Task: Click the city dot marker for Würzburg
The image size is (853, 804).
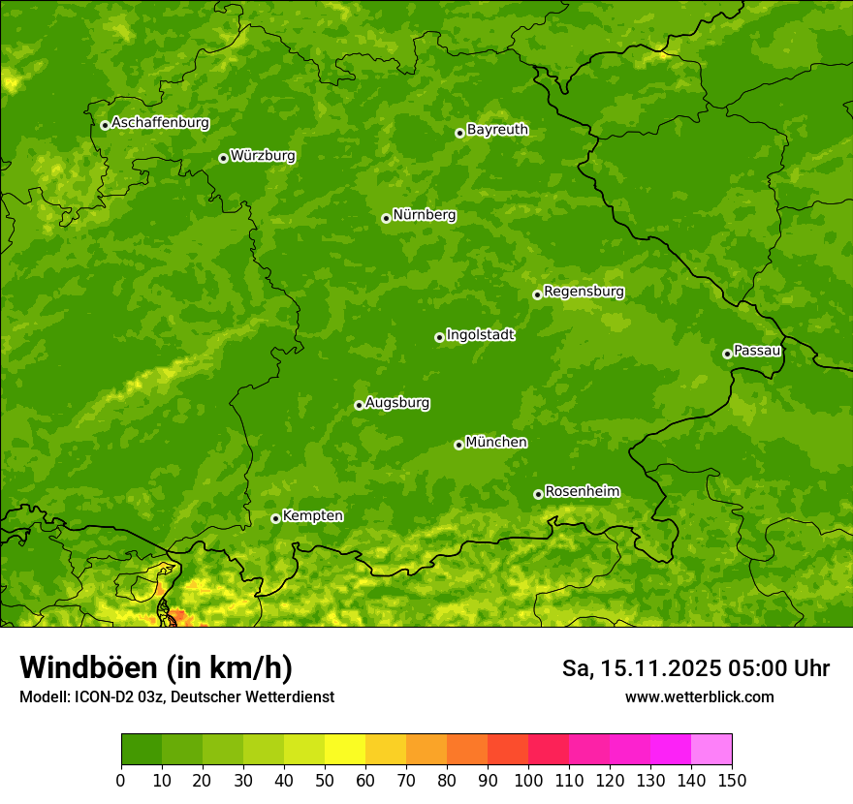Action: tap(223, 158)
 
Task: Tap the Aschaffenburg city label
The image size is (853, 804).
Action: tap(160, 123)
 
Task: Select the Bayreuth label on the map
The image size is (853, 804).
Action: tap(497, 130)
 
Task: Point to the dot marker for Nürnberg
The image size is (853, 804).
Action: tap(386, 218)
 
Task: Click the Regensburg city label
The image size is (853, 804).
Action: tap(584, 292)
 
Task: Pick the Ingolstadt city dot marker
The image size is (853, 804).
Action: tap(439, 337)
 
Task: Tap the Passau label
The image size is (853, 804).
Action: tap(757, 351)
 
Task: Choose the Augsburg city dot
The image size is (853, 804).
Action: tap(359, 405)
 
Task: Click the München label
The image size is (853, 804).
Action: tap(496, 443)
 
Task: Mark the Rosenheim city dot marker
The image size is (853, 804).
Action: tap(538, 494)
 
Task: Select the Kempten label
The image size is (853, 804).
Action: tap(312, 516)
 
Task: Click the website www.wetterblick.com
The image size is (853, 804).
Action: tap(699, 696)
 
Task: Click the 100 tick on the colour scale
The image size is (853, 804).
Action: tap(528, 780)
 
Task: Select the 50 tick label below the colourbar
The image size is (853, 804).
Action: tap(325, 780)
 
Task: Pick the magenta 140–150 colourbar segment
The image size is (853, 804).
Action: tap(711, 750)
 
